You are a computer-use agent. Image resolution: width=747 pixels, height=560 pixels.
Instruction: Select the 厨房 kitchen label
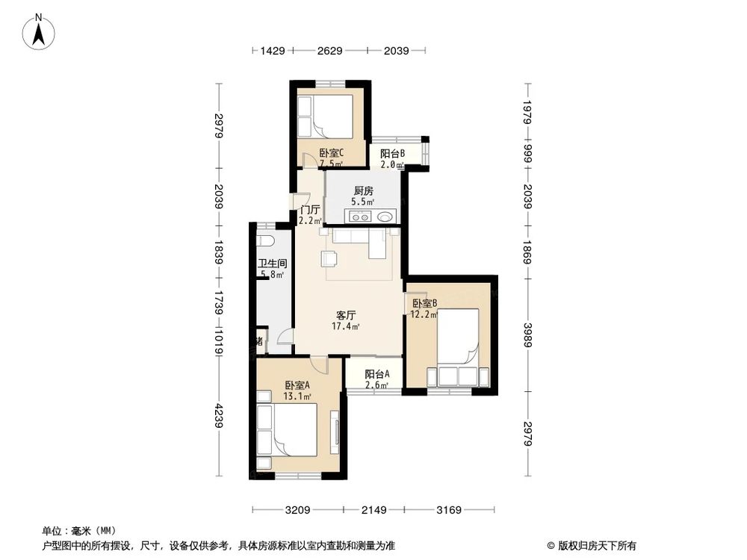tap(363, 190)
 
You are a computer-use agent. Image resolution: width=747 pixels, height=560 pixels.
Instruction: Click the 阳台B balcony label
tap(392, 154)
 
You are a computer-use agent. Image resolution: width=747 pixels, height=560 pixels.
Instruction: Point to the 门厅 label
tap(310, 211)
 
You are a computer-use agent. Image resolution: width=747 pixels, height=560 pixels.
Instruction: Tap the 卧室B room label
tap(424, 303)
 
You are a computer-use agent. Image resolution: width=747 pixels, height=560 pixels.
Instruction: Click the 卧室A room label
tap(297, 385)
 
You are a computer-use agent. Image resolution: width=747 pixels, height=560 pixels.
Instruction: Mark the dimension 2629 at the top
tap(329, 51)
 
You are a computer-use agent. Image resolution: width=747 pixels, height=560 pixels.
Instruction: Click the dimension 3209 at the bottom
tap(297, 510)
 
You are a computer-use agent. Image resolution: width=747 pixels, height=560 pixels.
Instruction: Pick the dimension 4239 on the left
tap(218, 415)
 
